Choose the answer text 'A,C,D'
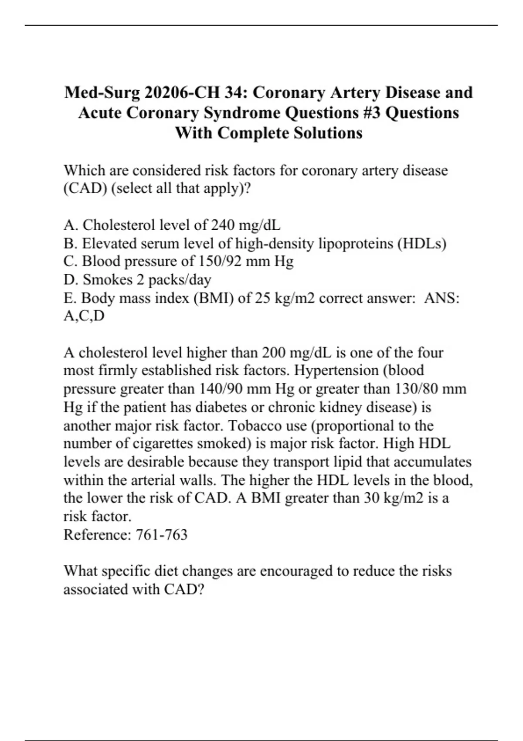click(x=84, y=316)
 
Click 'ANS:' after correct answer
click(x=442, y=298)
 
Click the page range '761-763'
click(x=162, y=534)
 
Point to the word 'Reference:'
click(x=97, y=534)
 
